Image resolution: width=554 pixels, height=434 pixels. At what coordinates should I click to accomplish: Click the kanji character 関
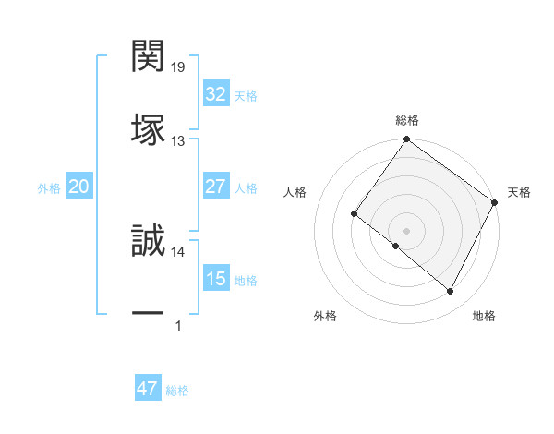(x=148, y=57)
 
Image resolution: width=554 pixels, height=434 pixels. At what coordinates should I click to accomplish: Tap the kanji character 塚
(x=148, y=128)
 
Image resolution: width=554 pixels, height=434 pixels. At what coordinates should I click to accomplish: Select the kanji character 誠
(x=148, y=241)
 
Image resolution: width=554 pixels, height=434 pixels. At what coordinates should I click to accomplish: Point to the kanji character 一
(x=148, y=314)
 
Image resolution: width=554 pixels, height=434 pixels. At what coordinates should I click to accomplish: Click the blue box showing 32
(x=215, y=94)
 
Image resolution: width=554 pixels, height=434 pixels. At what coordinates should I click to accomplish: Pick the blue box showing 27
(x=215, y=187)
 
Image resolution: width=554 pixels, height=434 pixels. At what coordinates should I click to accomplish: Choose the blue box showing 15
(x=215, y=279)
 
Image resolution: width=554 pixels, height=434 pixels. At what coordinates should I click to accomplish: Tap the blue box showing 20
(x=78, y=187)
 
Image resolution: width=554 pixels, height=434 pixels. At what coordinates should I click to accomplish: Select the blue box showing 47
(x=147, y=389)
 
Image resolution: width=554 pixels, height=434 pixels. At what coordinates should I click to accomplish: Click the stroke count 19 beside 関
(x=177, y=67)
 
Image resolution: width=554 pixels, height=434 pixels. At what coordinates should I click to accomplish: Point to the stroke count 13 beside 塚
(x=177, y=140)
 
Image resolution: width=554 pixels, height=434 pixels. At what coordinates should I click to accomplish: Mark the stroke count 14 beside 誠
(x=177, y=251)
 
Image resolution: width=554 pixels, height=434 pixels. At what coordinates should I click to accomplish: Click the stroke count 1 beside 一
(x=177, y=325)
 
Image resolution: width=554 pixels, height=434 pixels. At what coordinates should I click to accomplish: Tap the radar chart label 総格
(x=406, y=120)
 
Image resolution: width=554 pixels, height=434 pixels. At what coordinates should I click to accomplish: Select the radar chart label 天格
(x=519, y=192)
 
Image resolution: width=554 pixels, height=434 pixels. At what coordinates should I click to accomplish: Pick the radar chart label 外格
(x=325, y=316)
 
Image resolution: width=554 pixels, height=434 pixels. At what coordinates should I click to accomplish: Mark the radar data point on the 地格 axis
(x=451, y=292)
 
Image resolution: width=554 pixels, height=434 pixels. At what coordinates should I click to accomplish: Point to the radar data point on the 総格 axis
(x=406, y=139)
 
